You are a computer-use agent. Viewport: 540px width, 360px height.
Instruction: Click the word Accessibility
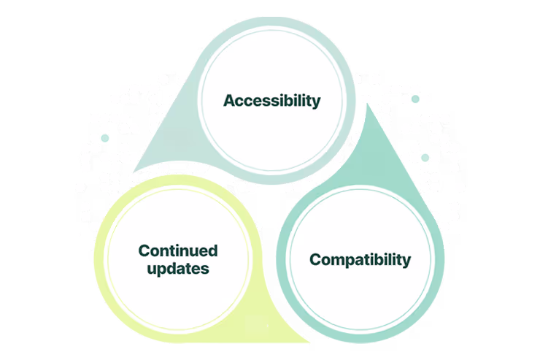click(271, 101)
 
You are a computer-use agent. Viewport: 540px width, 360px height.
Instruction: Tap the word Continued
click(178, 251)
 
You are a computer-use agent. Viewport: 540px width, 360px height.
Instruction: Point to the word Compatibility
click(360, 259)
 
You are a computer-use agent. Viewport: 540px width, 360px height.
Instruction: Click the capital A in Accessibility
click(228, 100)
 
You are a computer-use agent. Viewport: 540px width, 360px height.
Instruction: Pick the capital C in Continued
click(144, 251)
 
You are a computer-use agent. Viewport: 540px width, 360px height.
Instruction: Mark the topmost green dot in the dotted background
click(415, 99)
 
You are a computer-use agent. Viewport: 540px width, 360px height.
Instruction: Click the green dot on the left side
click(105, 137)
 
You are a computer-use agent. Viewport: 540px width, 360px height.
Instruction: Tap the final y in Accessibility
click(316, 102)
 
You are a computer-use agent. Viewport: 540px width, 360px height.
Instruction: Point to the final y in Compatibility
click(406, 261)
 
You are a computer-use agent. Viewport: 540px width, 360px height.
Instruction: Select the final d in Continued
click(213, 251)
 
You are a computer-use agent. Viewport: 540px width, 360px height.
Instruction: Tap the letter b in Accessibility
click(289, 100)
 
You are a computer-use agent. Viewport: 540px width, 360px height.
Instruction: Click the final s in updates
click(206, 269)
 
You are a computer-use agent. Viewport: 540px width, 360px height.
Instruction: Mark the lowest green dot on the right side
click(425, 156)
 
